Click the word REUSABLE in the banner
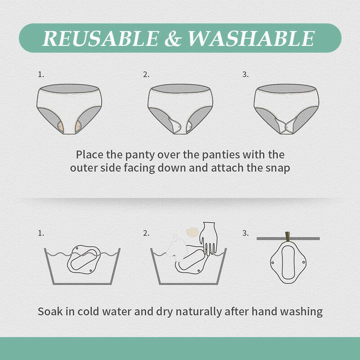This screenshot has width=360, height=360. click(x=100, y=39)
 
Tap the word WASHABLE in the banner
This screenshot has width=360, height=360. click(x=251, y=39)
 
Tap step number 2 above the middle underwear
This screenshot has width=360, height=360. click(x=146, y=75)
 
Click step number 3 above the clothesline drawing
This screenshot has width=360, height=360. click(x=245, y=233)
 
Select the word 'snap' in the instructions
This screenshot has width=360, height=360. click(x=278, y=168)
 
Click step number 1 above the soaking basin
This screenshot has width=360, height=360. click(x=41, y=233)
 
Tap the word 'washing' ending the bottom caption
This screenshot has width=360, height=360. click(x=301, y=311)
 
